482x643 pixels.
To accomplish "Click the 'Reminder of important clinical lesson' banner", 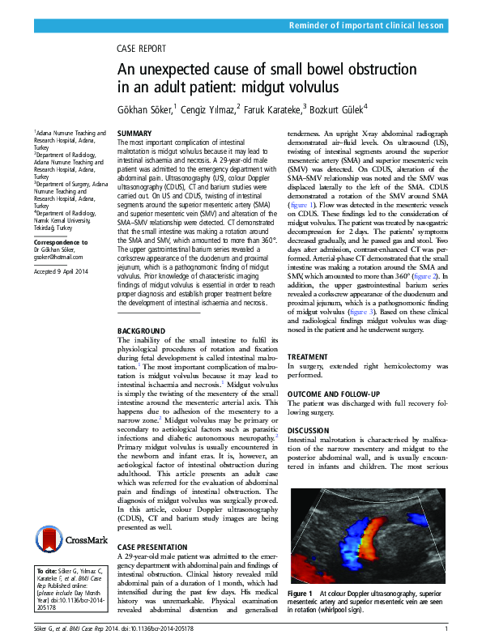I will (366, 27).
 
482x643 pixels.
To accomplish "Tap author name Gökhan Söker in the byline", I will (145, 108).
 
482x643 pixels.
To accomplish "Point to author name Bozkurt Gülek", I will (335, 108).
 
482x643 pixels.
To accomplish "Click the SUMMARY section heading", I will (134, 133).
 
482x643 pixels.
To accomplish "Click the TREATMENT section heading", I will (309, 356).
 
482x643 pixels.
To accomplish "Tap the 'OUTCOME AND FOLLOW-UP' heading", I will (334, 394).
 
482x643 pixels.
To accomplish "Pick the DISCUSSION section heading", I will (310, 430).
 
